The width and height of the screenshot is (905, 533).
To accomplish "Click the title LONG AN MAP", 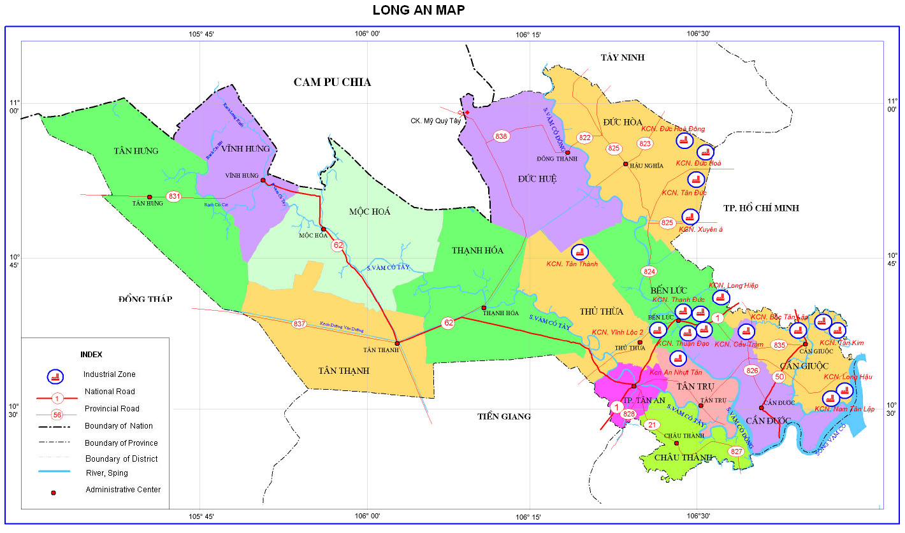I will pyautogui.click(x=419, y=10).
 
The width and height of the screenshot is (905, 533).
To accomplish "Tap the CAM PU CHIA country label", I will pyautogui.click(x=332, y=82).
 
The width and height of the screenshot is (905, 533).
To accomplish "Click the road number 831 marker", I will pyautogui.click(x=173, y=197).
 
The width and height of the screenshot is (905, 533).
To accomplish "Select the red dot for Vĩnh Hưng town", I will pyautogui.click(x=263, y=180).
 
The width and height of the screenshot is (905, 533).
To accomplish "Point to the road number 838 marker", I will pyautogui.click(x=501, y=136).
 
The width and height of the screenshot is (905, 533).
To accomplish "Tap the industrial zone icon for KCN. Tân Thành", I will pyautogui.click(x=580, y=253).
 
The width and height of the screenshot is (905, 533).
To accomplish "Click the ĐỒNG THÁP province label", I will pyautogui.click(x=145, y=299).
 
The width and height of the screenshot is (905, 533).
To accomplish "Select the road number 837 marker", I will pyautogui.click(x=300, y=323).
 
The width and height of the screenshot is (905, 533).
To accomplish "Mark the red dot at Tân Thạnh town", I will pyautogui.click(x=397, y=343).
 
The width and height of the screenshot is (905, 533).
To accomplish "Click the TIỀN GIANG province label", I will pyautogui.click(x=504, y=416).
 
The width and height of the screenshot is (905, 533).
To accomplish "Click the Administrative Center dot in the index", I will pyautogui.click(x=54, y=492).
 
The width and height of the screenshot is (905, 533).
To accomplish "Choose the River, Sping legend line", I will pyautogui.click(x=57, y=473).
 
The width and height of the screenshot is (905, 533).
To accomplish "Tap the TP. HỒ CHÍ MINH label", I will pyautogui.click(x=761, y=208).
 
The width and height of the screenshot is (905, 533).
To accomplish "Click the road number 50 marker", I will pyautogui.click(x=779, y=377).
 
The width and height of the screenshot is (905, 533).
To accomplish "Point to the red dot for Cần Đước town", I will pyautogui.click(x=761, y=408).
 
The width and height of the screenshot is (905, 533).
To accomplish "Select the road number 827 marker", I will pyautogui.click(x=737, y=451).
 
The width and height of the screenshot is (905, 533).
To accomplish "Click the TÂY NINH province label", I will pyautogui.click(x=623, y=58).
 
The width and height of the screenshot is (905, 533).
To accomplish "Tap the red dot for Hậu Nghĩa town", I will pyautogui.click(x=625, y=164).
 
